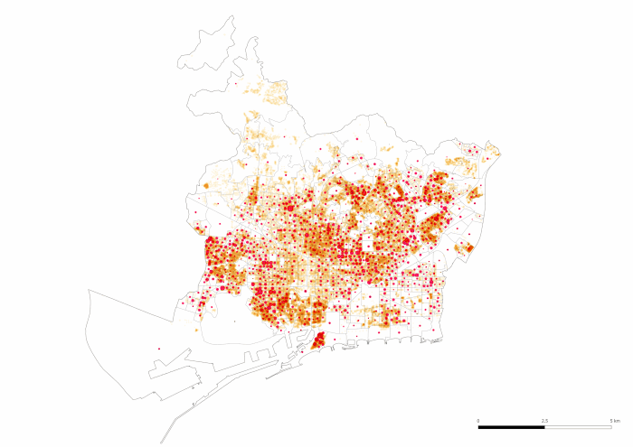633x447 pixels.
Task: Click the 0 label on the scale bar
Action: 478,421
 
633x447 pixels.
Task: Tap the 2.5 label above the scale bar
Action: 545,421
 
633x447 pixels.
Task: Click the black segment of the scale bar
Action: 512,427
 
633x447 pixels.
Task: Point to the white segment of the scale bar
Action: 580,427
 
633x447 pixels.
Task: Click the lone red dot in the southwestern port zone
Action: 158,349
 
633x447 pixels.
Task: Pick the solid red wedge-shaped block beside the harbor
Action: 317,340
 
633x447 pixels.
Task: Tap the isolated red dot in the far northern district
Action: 235,84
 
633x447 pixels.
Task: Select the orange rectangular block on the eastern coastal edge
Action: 468,247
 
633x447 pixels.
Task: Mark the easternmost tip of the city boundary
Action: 500,152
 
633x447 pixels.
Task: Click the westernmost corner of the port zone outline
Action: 89,291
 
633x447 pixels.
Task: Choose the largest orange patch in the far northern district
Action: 271,90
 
